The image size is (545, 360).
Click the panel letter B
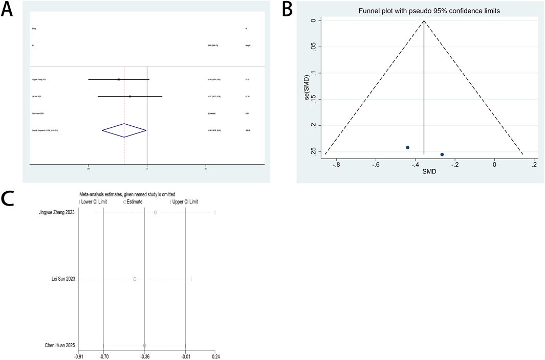click(286, 8)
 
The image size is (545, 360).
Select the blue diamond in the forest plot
click(124, 131)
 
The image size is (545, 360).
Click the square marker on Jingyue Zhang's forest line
click(119, 79)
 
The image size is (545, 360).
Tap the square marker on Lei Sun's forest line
click(130, 96)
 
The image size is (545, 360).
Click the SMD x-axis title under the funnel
click(429, 172)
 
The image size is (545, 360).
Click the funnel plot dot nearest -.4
click(407, 147)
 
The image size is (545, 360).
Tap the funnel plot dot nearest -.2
click(442, 154)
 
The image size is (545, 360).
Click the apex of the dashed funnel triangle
click(424, 20)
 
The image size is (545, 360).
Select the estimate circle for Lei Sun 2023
click(135, 279)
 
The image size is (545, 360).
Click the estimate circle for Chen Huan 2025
click(145, 346)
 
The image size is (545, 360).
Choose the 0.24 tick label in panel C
click(215, 356)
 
